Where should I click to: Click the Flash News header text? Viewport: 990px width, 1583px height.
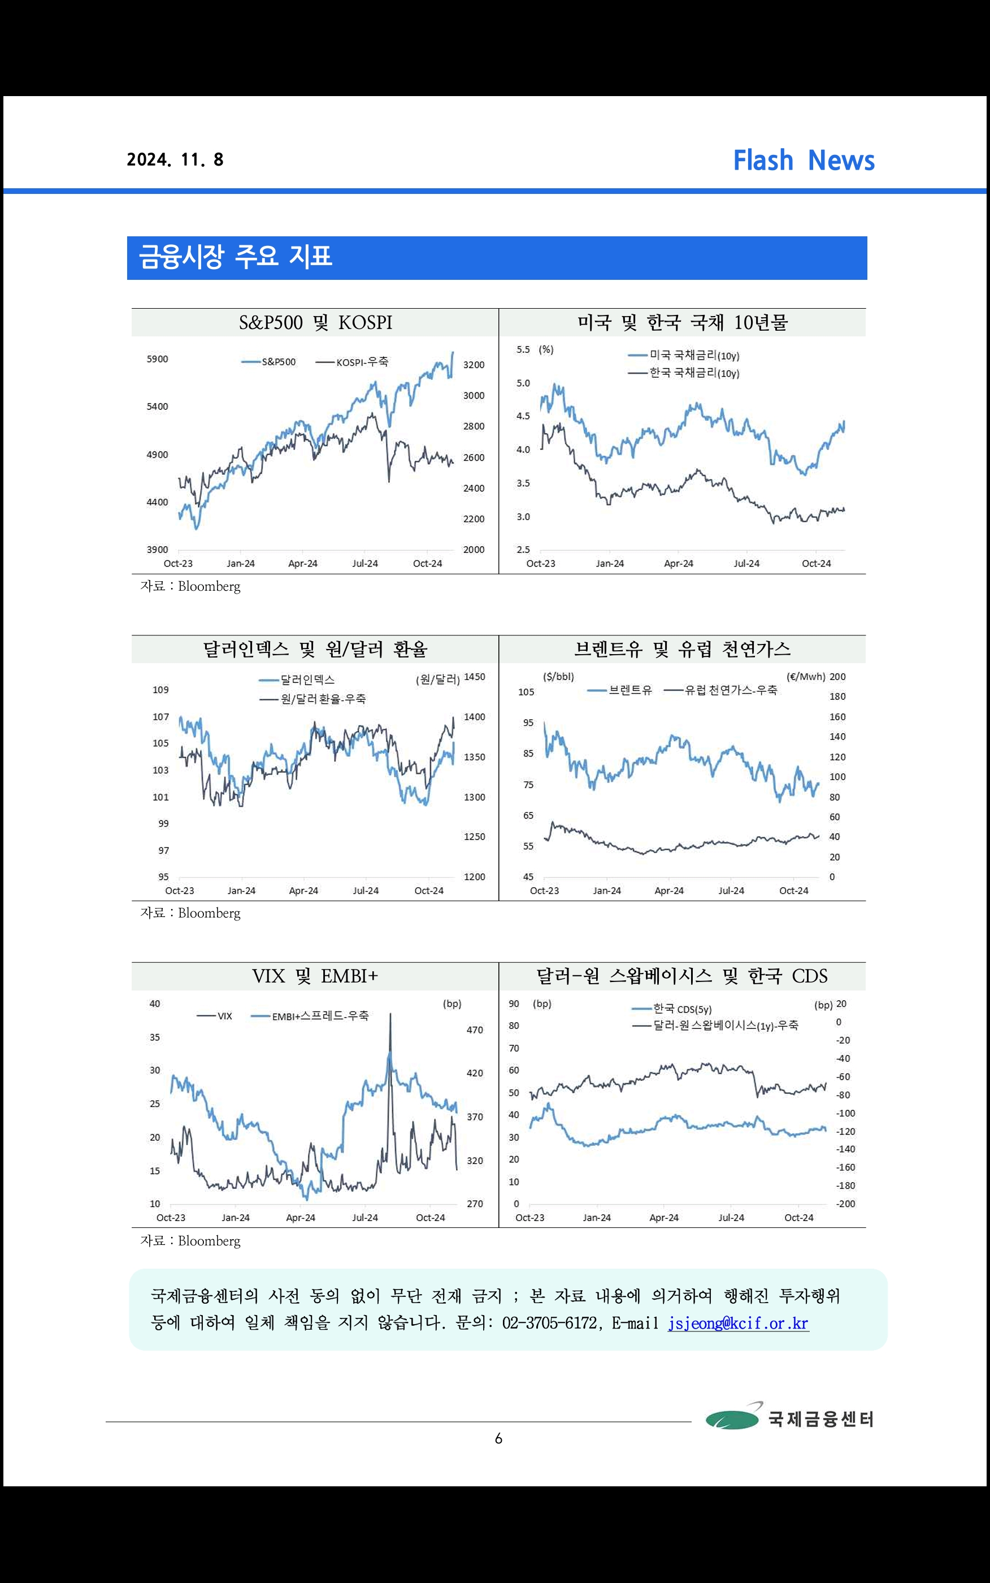click(x=804, y=161)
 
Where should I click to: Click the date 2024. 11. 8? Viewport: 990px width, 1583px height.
click(x=175, y=160)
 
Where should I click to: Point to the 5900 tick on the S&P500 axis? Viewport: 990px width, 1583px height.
click(x=157, y=359)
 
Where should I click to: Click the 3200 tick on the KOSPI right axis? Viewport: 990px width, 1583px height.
click(x=474, y=365)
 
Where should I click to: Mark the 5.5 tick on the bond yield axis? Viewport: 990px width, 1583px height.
click(x=523, y=350)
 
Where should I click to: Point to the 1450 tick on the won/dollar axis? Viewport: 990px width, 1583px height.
click(x=474, y=677)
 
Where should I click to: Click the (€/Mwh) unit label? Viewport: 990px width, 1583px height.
click(x=805, y=677)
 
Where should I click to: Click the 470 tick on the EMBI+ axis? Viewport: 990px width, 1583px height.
click(x=474, y=1030)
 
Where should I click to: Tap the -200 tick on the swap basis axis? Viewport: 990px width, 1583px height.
click(x=845, y=1204)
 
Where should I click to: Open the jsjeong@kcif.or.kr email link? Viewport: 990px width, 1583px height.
click(x=738, y=1324)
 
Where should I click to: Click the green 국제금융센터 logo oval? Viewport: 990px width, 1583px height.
click(x=732, y=1419)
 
